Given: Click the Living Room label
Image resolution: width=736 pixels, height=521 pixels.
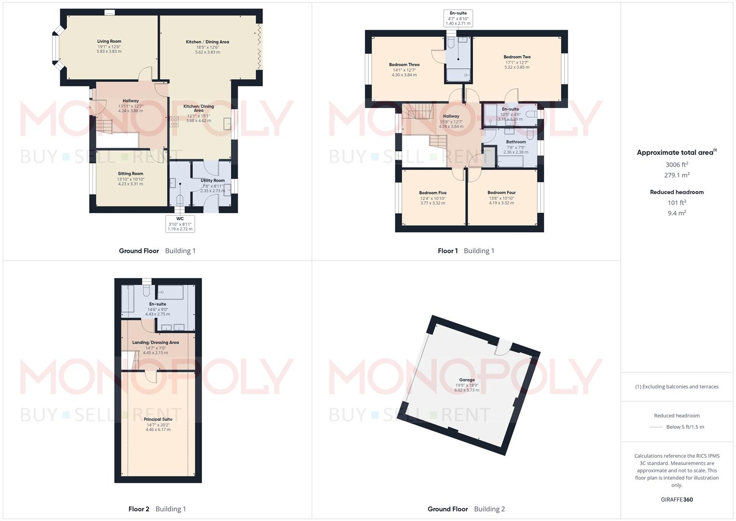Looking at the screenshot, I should click(109, 41).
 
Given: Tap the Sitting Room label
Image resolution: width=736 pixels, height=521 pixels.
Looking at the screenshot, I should click(130, 174).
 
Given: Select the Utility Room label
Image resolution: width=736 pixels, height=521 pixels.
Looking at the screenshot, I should click(213, 180).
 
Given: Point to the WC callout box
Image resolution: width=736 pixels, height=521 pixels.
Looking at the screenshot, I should click(180, 224).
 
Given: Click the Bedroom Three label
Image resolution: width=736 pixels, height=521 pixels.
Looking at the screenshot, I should click(404, 65).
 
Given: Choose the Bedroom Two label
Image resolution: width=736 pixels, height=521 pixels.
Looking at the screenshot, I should click(517, 57).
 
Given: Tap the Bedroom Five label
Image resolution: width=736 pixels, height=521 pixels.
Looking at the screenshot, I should click(432, 193).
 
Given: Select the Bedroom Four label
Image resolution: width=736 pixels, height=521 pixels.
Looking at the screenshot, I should click(501, 193).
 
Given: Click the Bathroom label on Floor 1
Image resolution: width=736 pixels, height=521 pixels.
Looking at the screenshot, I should click(516, 142).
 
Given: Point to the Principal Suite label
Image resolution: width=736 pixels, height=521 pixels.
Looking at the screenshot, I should click(158, 419).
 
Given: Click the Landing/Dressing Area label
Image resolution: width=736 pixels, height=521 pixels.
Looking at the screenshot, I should click(155, 343).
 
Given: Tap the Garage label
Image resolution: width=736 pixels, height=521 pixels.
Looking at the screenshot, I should click(467, 380).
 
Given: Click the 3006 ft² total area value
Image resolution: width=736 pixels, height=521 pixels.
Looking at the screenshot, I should click(677, 165).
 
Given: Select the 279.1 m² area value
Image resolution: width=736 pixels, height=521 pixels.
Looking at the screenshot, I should click(677, 176).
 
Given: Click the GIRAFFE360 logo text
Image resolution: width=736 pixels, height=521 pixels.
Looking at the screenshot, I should click(677, 500).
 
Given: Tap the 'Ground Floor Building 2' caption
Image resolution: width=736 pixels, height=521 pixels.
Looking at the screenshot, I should click(466, 509).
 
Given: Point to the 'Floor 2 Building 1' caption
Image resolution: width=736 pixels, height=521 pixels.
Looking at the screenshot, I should click(157, 509).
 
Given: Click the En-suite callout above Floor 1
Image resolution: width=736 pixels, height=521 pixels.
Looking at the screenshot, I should click(458, 18).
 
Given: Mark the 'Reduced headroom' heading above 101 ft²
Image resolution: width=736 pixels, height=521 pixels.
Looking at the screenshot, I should click(677, 192).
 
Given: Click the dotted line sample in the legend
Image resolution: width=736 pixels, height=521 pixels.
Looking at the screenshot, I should click(656, 427).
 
